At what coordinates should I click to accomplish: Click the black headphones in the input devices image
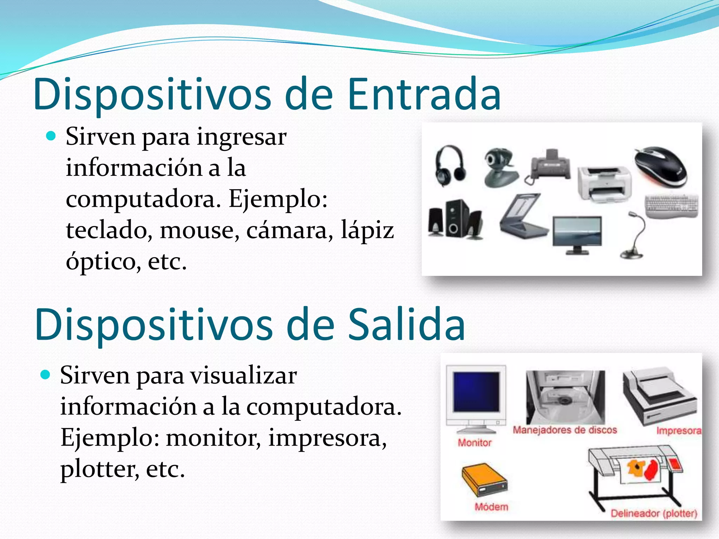[450, 166]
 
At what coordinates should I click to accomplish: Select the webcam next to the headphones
[499, 167]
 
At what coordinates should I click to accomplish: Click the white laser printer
[604, 184]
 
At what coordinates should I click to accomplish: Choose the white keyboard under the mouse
[672, 206]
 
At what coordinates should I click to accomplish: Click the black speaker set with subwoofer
[455, 219]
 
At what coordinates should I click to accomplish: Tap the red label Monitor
[474, 442]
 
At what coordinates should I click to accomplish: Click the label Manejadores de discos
[565, 430]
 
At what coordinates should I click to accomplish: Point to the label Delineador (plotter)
[653, 513]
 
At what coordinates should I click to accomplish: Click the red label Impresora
[678, 431]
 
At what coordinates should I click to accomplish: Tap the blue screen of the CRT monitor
[476, 392]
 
